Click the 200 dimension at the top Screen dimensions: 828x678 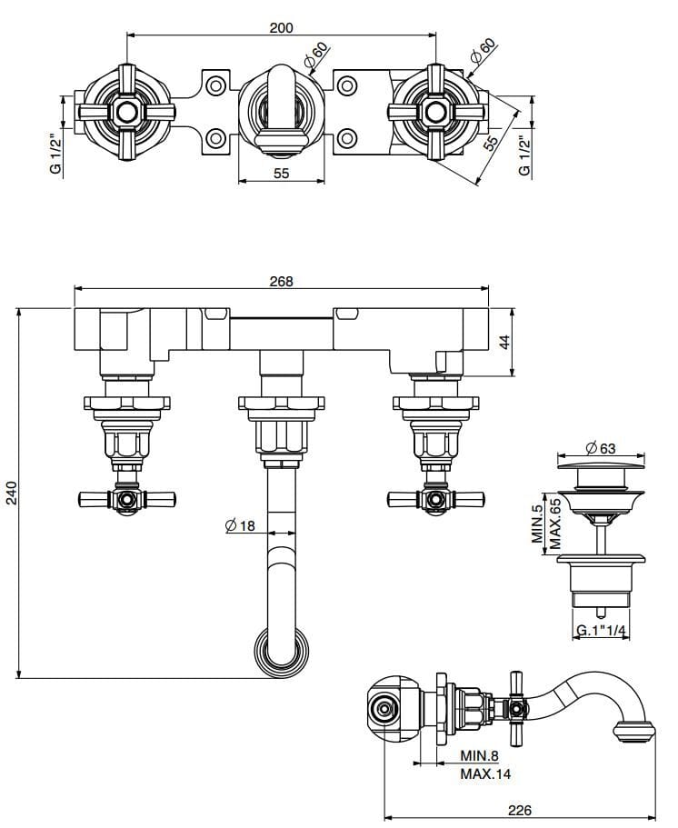point(282,27)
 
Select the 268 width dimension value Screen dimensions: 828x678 point(282,281)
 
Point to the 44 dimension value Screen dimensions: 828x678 point(506,342)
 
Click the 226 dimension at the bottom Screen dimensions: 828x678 point(519,810)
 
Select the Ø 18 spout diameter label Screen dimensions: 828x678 point(240,524)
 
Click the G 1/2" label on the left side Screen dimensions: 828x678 point(55,155)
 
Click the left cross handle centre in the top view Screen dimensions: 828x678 point(124,113)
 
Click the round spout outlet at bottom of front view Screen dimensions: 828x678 point(281,653)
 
